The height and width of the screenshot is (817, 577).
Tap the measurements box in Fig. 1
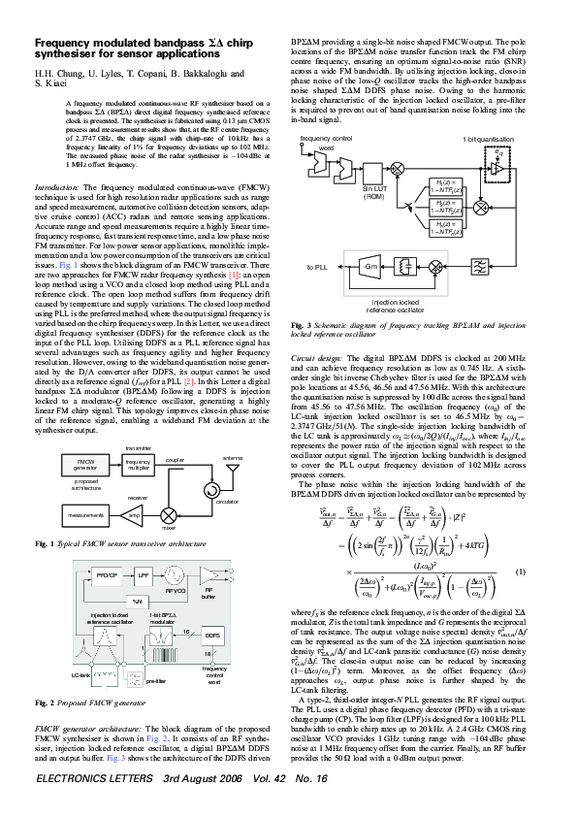click(86, 514)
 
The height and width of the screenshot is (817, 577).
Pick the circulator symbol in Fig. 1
click(207, 492)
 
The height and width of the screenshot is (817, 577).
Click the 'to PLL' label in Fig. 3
click(317, 265)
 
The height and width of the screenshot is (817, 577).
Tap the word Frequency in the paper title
click(60, 44)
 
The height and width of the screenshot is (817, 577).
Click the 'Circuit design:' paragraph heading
click(316, 358)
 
